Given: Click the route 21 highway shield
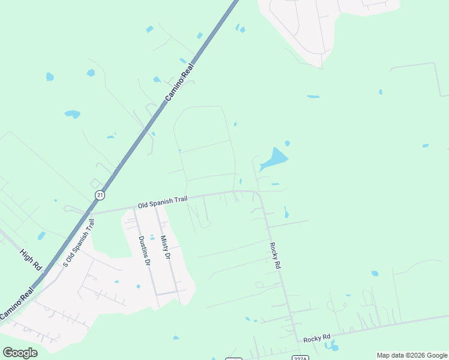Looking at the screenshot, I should pyautogui.click(x=99, y=196).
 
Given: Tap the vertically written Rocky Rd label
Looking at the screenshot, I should pyautogui.click(x=276, y=254).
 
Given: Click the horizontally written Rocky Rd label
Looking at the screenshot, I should pyautogui.click(x=317, y=338).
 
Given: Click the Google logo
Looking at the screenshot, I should pyautogui.click(x=20, y=353).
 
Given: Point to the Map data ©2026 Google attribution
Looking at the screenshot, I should pyautogui.click(x=412, y=355).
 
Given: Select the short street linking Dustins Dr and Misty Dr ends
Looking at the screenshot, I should pyautogui.click(x=167, y=293).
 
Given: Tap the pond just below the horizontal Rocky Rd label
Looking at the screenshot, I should pyautogui.click(x=332, y=347).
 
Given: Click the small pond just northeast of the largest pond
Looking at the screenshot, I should pyautogui.click(x=288, y=143).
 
